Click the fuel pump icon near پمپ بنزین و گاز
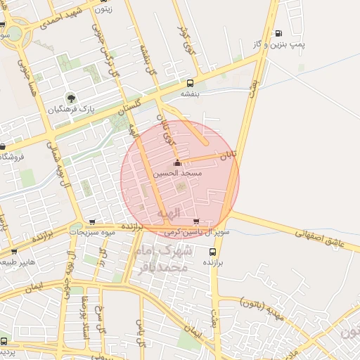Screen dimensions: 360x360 pyautogui.click(x=278, y=33)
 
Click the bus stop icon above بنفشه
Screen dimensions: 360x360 pyautogui.click(x=190, y=82)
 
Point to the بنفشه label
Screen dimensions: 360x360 pyautogui.click(x=190, y=94)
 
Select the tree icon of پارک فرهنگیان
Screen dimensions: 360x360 pyautogui.click(x=70, y=97)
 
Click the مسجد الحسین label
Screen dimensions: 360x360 pyautogui.click(x=182, y=173)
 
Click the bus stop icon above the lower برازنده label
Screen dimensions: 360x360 pyautogui.click(x=212, y=251)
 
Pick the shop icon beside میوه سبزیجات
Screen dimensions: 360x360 pyautogui.click(x=93, y=222)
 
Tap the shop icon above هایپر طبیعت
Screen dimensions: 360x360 pyautogui.click(x=14, y=251)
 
